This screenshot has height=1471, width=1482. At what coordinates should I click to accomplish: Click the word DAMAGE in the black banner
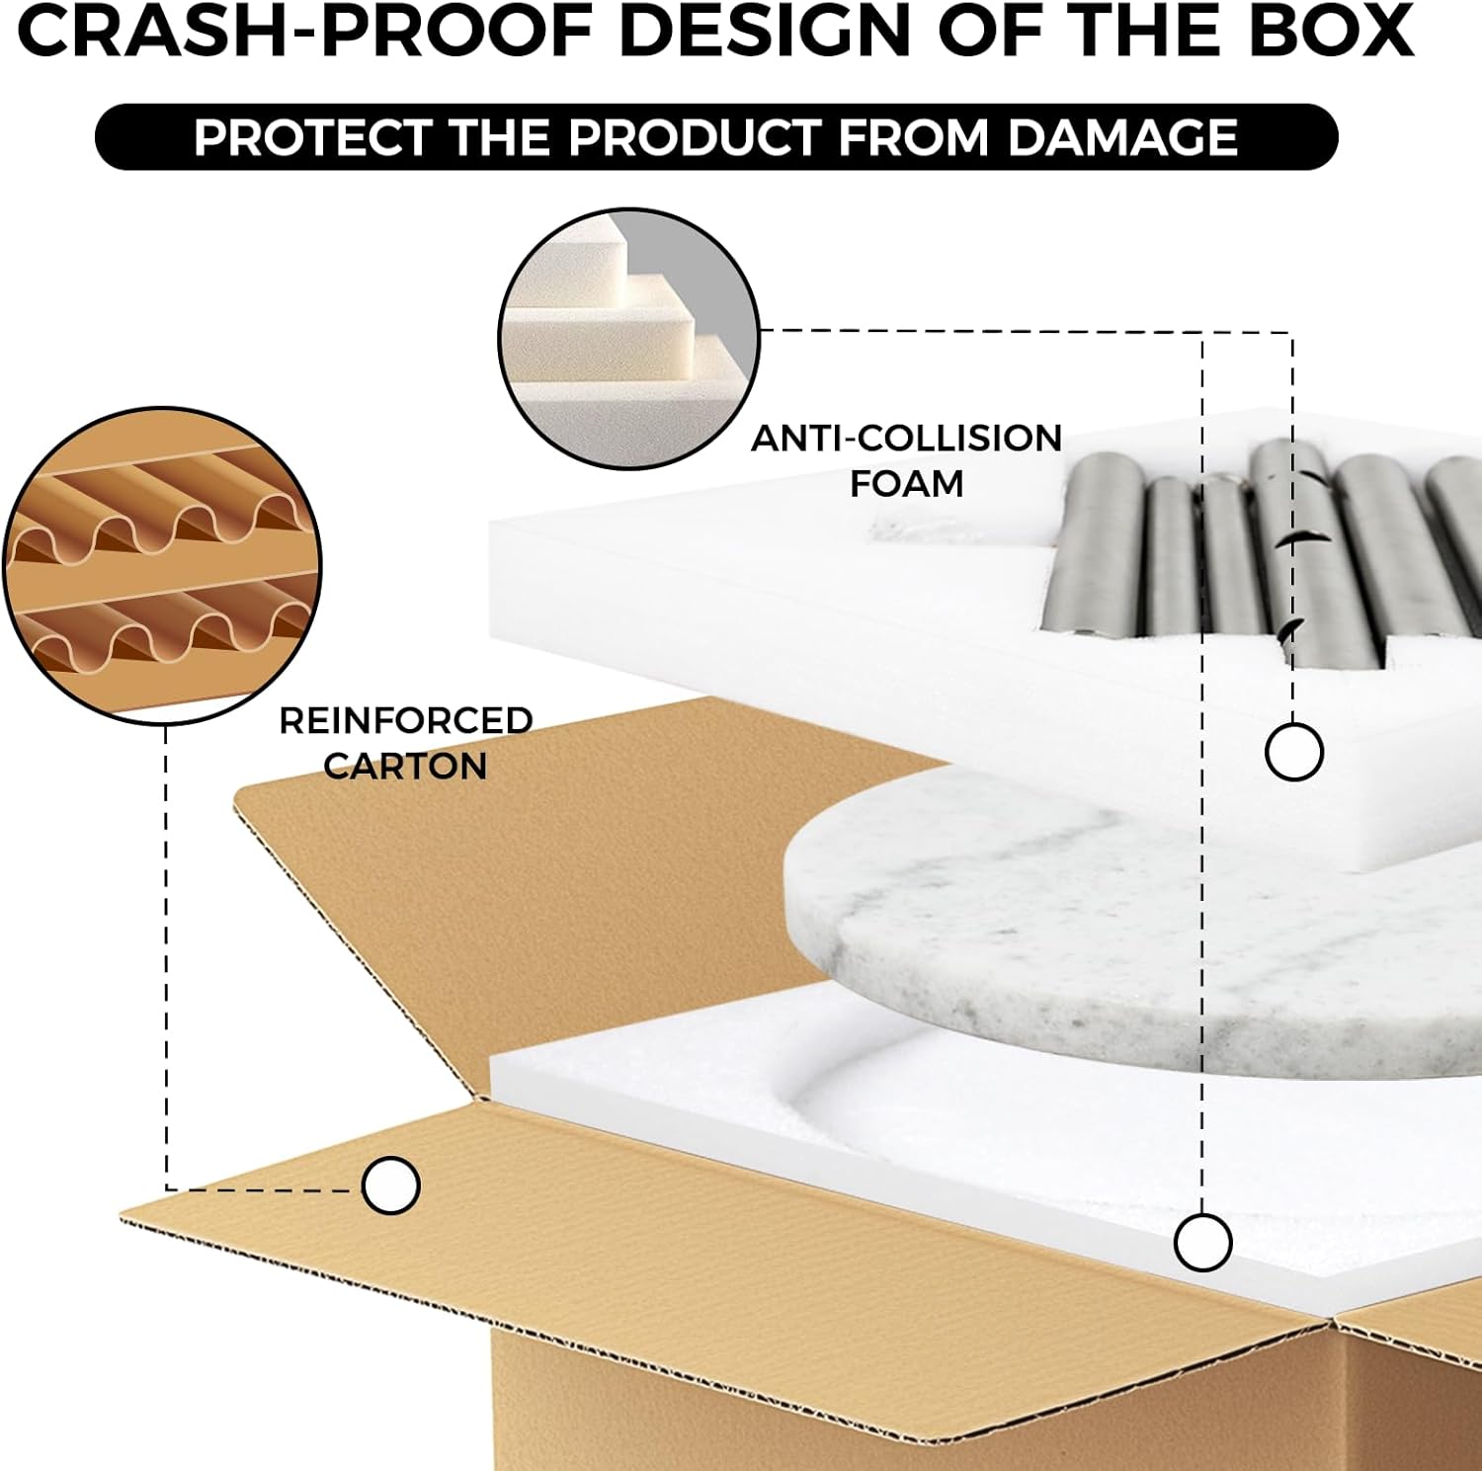tap(1122, 137)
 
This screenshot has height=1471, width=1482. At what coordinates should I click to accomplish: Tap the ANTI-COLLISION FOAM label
tap(906, 460)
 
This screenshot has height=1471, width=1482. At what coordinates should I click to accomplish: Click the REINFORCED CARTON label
tap(405, 743)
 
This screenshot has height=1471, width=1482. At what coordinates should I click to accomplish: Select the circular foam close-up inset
tap(628, 338)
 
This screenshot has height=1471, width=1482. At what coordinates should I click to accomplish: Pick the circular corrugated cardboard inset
tap(164, 565)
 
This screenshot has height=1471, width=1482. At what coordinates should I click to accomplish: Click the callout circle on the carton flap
tap(391, 1185)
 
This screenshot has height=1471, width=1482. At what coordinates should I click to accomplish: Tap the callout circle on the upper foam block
tap(1293, 752)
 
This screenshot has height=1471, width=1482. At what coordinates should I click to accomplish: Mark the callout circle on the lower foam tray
tap(1202, 1242)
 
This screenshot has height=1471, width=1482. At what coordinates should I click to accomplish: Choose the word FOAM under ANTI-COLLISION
tap(906, 484)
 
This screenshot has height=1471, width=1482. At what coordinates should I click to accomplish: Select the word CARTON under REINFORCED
tap(405, 767)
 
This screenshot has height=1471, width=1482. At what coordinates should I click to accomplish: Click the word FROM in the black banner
tap(913, 137)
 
